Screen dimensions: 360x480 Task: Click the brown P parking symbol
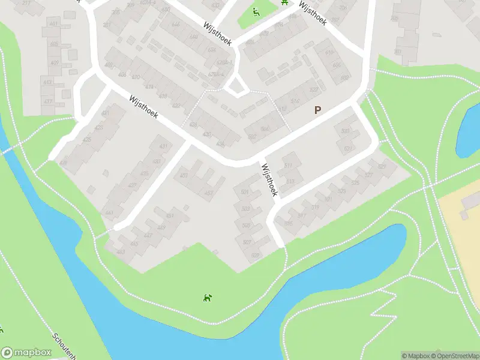tap(318, 110)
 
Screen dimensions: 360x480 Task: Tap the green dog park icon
tap(206, 297)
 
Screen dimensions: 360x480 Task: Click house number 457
tap(208, 193)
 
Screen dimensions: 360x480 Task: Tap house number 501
tap(244, 191)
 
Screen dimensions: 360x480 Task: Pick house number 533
tap(345, 131)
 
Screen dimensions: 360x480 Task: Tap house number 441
tap(109, 214)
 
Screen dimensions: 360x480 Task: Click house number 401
tap(55, 23)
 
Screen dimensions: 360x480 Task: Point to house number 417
tap(47, 101)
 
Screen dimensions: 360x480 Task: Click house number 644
tap(175, 25)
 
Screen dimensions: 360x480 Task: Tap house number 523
tap(342, 191)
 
